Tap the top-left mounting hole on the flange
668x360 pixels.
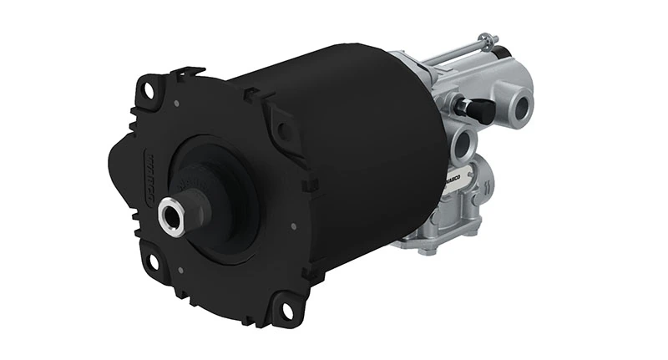[150, 88]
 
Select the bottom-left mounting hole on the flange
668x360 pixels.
[152, 261]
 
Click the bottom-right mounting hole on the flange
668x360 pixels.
[288, 310]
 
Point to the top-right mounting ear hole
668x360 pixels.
[283, 130]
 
